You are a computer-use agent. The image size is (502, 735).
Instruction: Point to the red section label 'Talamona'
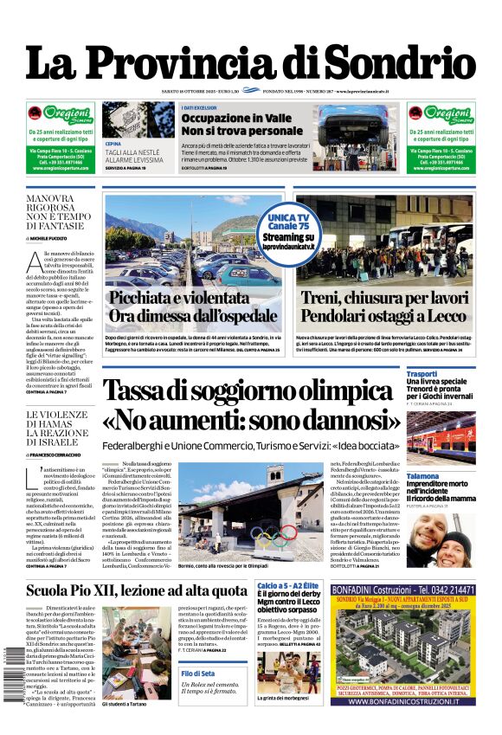(x=423, y=476)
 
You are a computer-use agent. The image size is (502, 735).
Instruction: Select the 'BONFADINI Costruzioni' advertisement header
(x=402, y=589)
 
